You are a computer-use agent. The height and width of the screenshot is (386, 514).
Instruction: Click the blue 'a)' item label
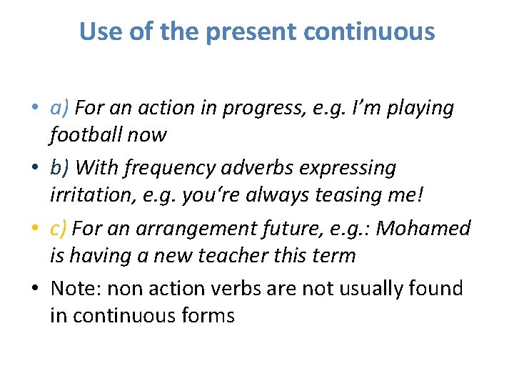point(59,108)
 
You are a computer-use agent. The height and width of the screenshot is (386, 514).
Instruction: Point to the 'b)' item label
point(59,168)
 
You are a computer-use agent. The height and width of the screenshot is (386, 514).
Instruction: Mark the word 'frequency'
point(163,169)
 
